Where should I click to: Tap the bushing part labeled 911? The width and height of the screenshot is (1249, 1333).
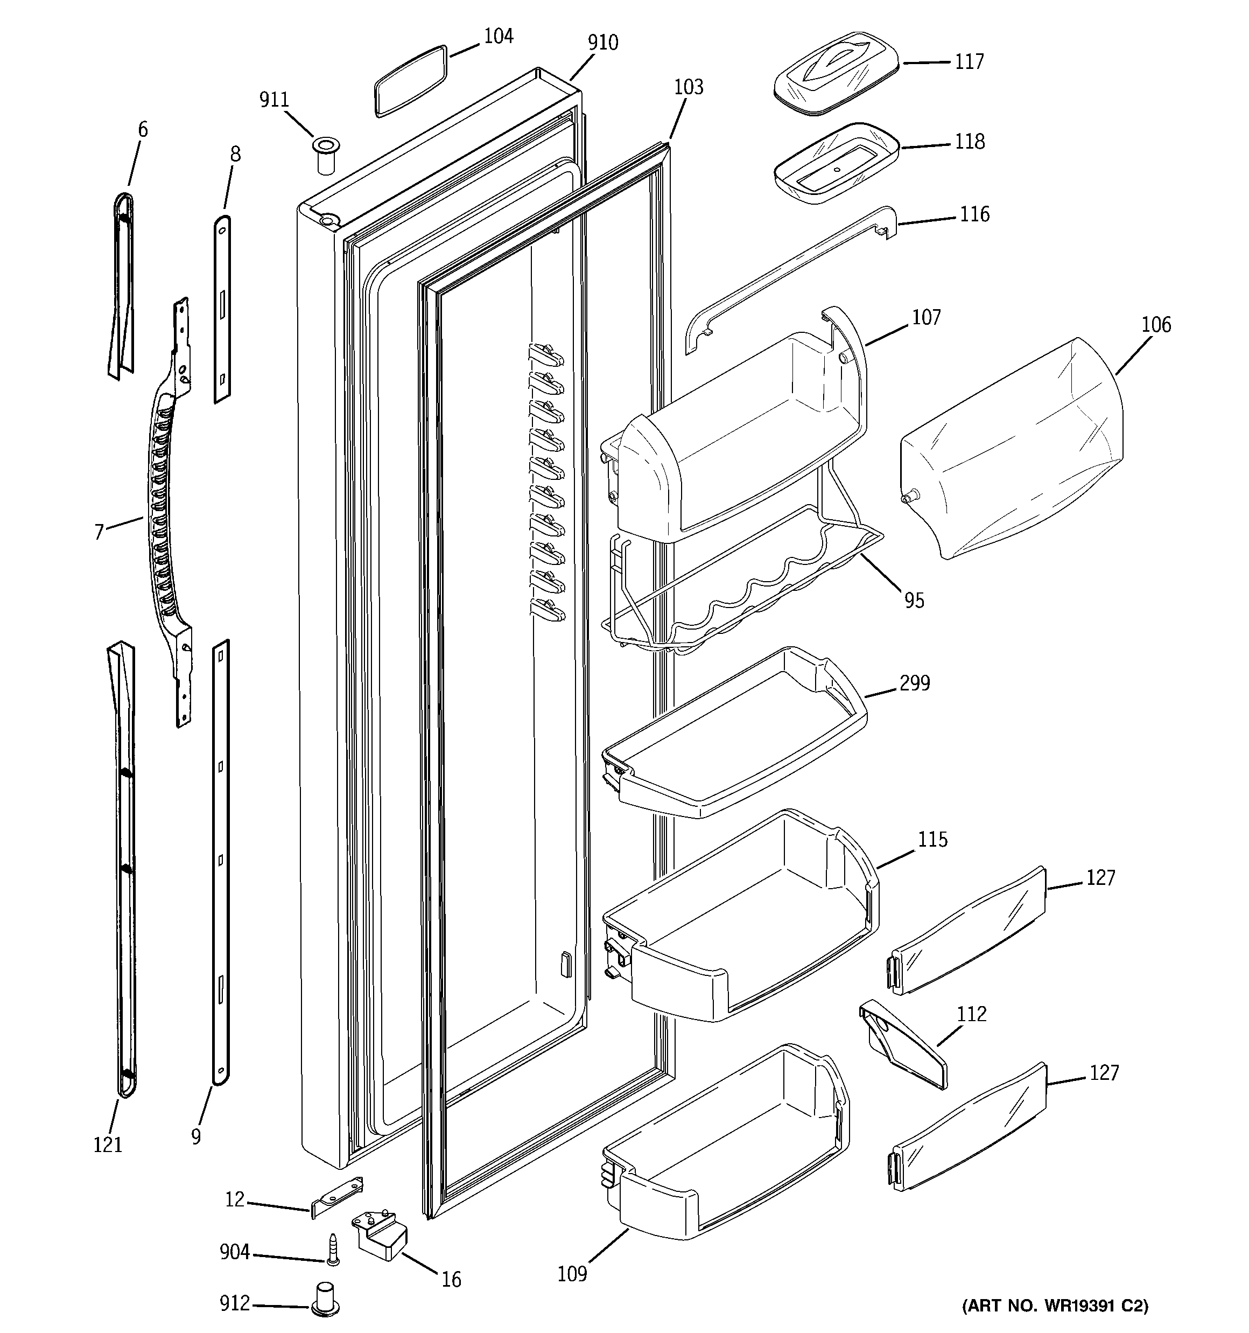point(326,155)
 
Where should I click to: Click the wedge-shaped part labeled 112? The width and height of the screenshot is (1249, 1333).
point(902,1044)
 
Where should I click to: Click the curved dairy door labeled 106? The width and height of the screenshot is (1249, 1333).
point(1012,449)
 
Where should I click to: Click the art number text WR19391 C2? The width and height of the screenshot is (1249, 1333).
point(1055,1306)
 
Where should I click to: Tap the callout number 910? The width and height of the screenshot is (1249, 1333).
point(603,43)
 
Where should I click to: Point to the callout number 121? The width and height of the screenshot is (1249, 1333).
point(107,1144)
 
